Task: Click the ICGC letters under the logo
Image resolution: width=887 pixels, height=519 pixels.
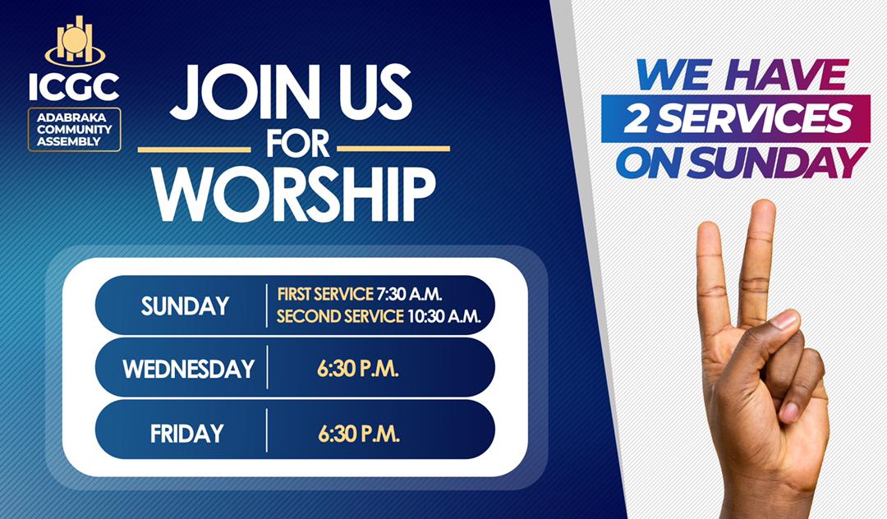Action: [x=74, y=85]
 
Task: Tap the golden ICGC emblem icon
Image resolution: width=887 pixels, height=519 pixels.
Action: [x=75, y=40]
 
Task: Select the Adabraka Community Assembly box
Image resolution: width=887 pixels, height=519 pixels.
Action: [x=74, y=129]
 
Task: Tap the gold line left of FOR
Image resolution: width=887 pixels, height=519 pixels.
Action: [x=194, y=149]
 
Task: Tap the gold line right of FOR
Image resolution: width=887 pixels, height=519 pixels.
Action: [x=394, y=149]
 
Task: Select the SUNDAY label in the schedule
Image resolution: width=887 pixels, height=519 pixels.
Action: [x=185, y=306]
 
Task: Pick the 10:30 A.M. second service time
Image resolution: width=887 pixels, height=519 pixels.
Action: [x=443, y=317]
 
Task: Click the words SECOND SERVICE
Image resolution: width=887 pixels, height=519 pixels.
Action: [x=340, y=317]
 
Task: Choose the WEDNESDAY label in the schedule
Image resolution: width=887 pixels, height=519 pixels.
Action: [x=188, y=369]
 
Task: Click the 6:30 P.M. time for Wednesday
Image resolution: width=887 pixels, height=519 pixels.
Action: [x=358, y=370]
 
